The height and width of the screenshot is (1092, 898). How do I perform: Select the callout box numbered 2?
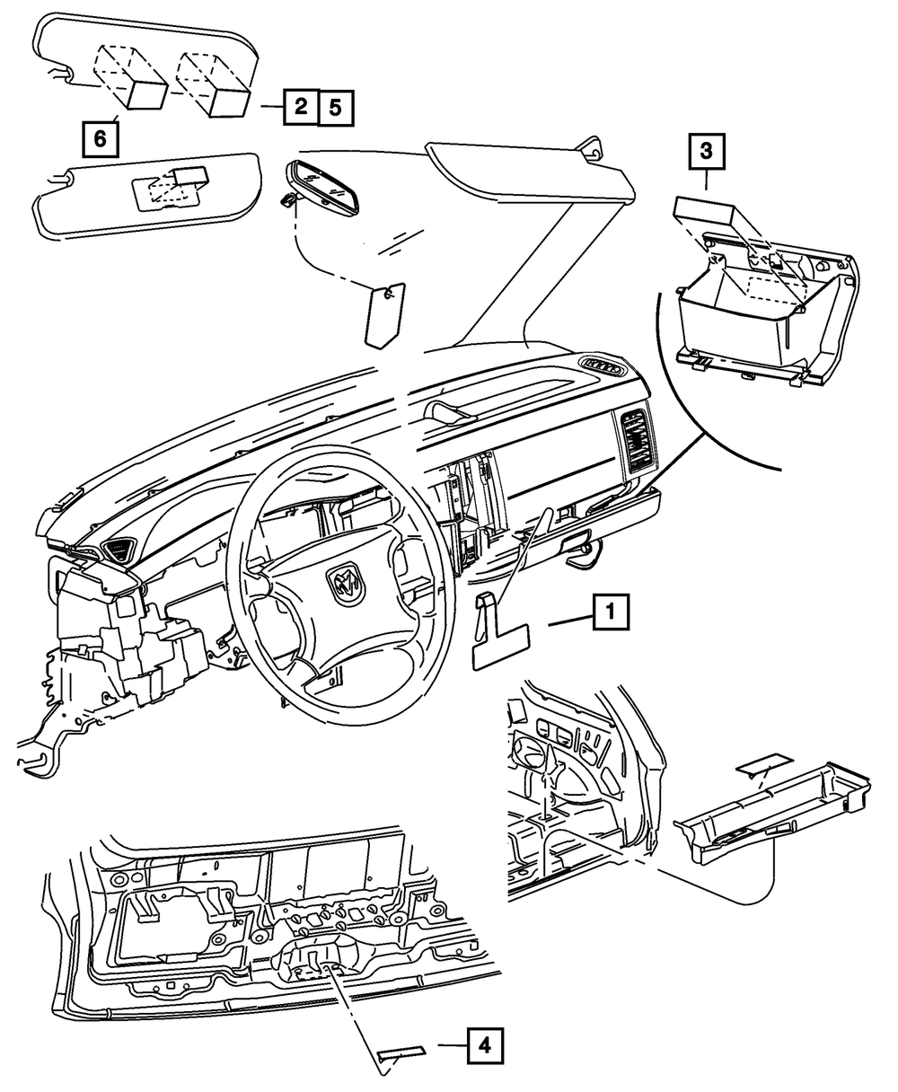point(300,108)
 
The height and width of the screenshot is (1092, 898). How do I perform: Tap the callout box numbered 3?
point(706,153)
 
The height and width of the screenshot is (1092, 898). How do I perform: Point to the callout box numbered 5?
point(333,108)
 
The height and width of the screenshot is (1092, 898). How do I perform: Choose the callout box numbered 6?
point(100,138)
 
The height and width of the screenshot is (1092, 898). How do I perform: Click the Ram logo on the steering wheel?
point(348,585)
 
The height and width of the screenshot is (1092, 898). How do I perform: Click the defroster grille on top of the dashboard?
point(602,365)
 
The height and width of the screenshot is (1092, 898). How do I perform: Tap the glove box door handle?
point(575,543)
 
